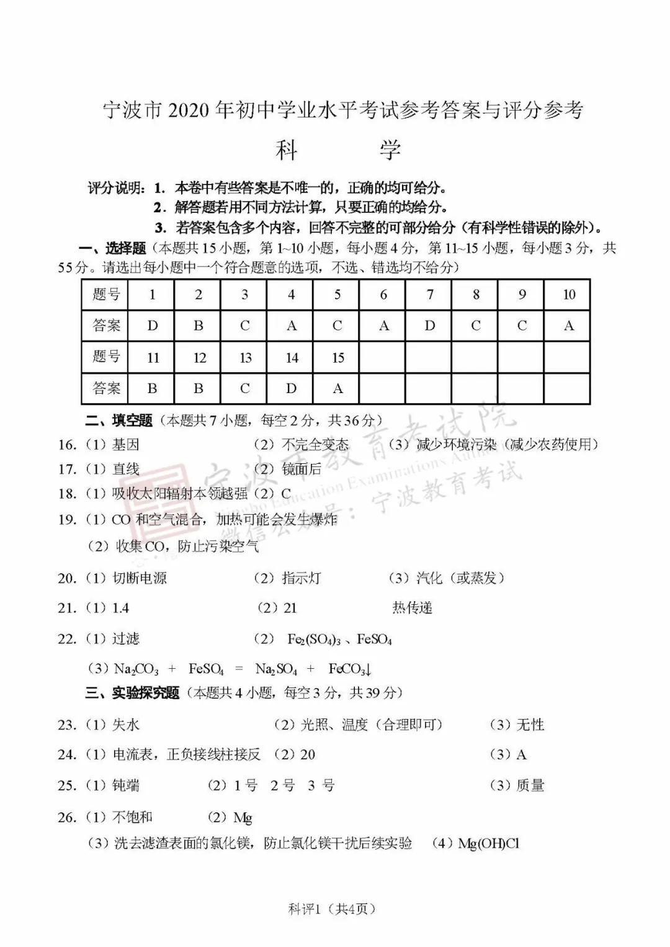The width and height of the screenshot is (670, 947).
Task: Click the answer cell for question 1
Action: pyautogui.click(x=152, y=325)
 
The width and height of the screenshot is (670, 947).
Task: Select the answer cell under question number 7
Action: pyautogui.click(x=429, y=325)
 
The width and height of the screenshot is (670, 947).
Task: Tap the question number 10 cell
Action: pyautogui.click(x=568, y=294)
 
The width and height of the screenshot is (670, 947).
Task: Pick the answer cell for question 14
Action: pyautogui.click(x=291, y=388)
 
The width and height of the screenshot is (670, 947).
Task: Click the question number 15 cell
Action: pyautogui.click(x=337, y=357)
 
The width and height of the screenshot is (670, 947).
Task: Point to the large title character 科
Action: pyautogui.click(x=286, y=150)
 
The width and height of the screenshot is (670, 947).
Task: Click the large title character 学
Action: pyautogui.click(x=390, y=150)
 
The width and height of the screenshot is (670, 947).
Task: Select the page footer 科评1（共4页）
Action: pyautogui.click(x=332, y=909)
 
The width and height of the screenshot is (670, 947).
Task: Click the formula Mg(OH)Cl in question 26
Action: pyautogui.click(x=488, y=843)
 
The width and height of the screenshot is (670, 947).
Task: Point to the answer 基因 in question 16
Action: pyautogui.click(x=126, y=445)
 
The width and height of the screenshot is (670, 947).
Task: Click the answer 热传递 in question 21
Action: pyautogui.click(x=412, y=608)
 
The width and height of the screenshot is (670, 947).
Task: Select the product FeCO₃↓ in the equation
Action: pyautogui.click(x=350, y=669)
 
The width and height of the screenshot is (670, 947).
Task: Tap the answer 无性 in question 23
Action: pyautogui.click(x=530, y=725)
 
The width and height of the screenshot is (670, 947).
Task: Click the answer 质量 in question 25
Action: pyautogui.click(x=530, y=786)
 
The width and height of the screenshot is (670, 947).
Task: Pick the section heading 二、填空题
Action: pyautogui.click(x=118, y=420)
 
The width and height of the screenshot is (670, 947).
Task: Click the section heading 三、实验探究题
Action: pyautogui.click(x=132, y=692)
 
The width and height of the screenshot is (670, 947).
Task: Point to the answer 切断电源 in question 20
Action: pyautogui.click(x=140, y=578)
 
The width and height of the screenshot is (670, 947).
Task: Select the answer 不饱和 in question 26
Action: pyautogui.click(x=132, y=817)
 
